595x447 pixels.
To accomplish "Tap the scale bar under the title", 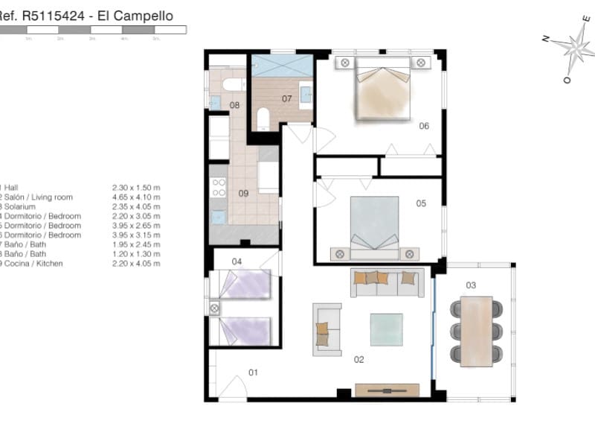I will click(x=93, y=30).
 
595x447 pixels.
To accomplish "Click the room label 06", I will click(x=424, y=126).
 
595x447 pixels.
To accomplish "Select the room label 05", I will click(x=420, y=203).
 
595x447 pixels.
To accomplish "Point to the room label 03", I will click(x=471, y=285).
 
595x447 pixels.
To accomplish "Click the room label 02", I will click(x=358, y=360).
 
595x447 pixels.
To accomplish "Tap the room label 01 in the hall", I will click(x=253, y=372).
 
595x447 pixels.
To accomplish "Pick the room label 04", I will click(x=237, y=261).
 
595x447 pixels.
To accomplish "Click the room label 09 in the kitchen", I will click(x=243, y=194).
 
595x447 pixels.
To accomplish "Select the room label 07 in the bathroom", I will click(x=286, y=98).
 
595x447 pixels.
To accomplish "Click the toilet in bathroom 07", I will click(x=262, y=118).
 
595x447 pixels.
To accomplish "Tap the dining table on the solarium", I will click(x=476, y=332).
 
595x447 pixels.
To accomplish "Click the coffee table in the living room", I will click(x=386, y=329).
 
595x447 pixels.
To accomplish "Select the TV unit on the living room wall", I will click(x=387, y=390).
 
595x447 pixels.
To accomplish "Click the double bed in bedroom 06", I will click(x=383, y=89).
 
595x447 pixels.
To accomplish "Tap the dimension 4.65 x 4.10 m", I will click(x=135, y=197).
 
